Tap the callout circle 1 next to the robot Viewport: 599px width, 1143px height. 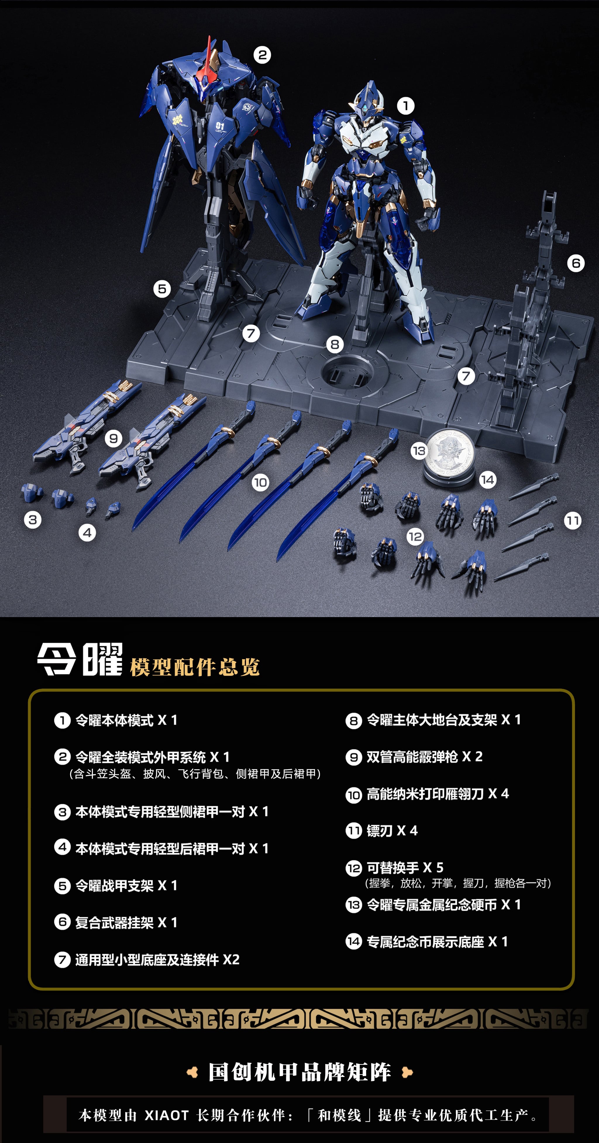405,106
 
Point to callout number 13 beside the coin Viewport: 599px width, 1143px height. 419,451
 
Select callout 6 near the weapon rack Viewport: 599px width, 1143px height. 576,263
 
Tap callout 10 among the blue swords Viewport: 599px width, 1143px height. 261,482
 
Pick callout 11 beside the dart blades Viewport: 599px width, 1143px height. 572,520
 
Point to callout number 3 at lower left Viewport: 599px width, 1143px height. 33,519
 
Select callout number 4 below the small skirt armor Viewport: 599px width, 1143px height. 87,532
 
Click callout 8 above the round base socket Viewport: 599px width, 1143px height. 335,344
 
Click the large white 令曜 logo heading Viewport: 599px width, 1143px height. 80,659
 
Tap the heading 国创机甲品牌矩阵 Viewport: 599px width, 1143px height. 300,1073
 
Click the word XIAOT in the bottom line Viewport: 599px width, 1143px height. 166,1115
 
